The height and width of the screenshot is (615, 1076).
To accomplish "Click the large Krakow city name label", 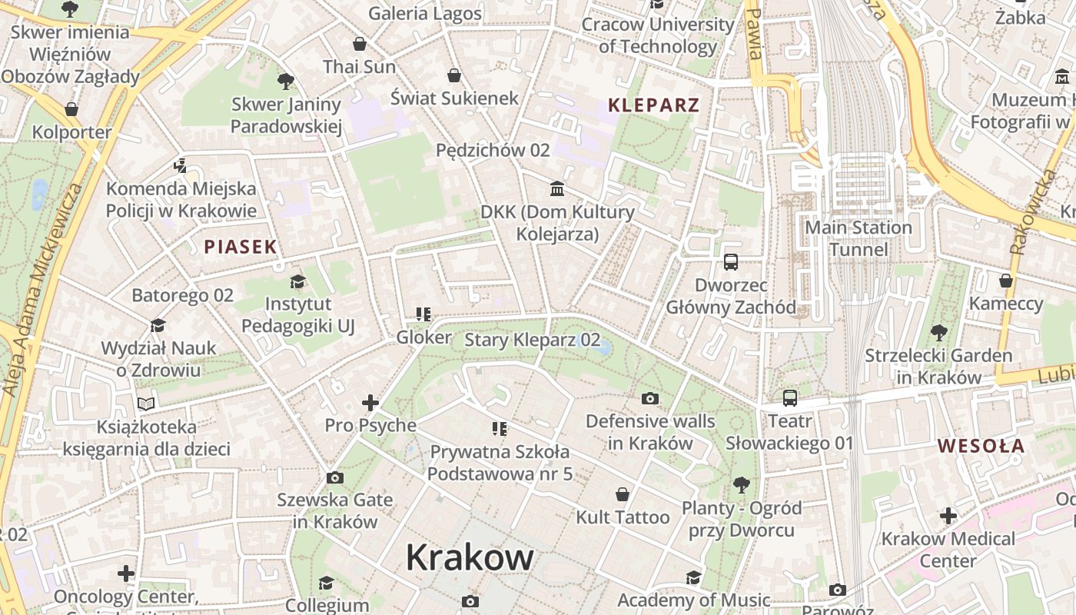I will click(470, 557).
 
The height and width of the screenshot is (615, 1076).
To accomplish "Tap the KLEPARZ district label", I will click(653, 106).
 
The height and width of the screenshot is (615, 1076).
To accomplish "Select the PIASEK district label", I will click(240, 247).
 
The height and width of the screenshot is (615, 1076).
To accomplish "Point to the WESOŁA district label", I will click(981, 446).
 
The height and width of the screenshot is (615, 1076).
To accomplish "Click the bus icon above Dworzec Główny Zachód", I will click(730, 262).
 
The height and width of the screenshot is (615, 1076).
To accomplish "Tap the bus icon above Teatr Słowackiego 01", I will click(789, 398).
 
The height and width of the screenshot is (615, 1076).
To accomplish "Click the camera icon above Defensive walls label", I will click(649, 398).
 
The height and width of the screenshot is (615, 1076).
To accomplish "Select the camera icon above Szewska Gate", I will click(334, 477).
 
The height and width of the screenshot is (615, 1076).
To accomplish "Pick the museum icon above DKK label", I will click(557, 188).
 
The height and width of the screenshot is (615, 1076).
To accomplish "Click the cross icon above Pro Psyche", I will click(370, 402).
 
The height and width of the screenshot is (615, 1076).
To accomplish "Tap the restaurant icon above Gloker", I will click(423, 314).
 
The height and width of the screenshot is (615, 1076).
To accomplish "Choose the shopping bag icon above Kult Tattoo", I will click(623, 494).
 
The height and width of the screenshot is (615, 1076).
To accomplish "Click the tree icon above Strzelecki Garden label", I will click(938, 333).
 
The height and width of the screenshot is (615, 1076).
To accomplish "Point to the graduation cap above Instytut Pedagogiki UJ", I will click(297, 281).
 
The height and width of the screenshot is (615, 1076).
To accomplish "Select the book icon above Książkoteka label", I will click(146, 403).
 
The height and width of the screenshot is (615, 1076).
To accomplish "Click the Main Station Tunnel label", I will click(858, 238).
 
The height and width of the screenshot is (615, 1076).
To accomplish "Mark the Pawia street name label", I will click(755, 34).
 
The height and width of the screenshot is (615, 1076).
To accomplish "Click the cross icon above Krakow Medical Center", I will click(948, 515).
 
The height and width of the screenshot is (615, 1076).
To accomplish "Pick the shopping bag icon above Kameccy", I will click(1005, 281).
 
